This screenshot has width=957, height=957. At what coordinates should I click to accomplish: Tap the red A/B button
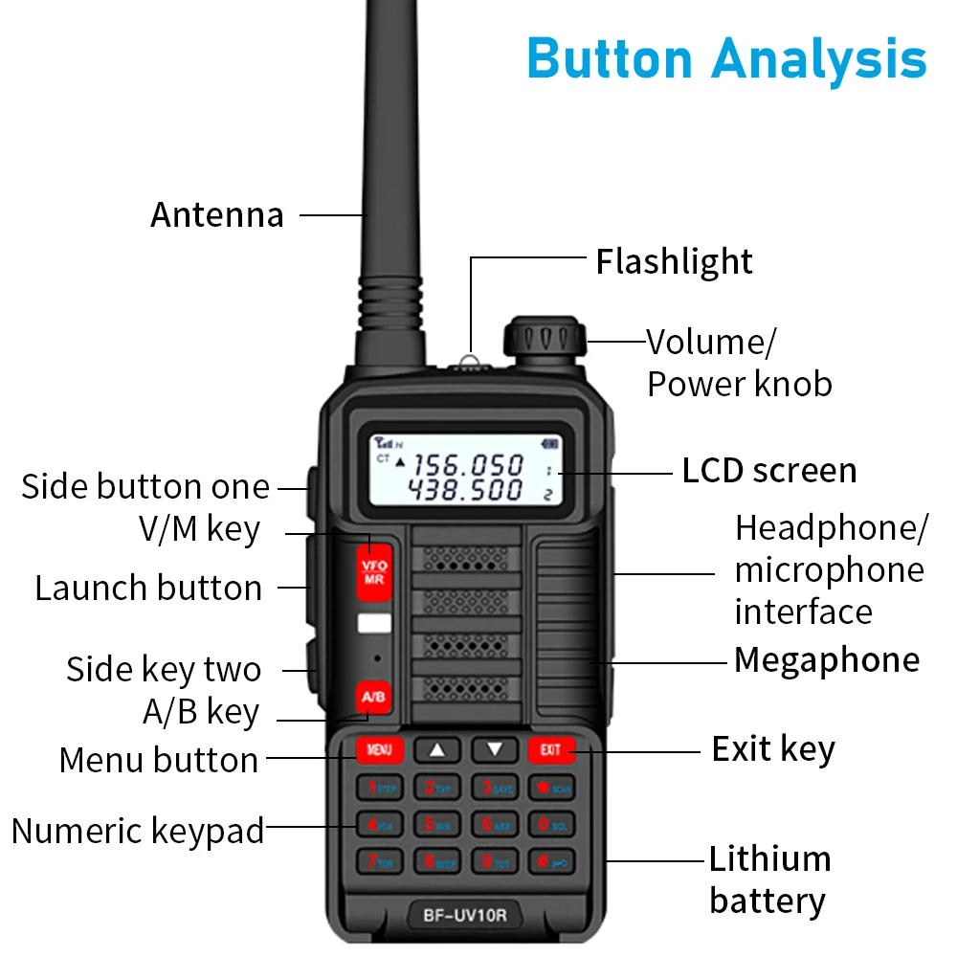[x=373, y=697]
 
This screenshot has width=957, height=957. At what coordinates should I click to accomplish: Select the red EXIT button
[x=550, y=749]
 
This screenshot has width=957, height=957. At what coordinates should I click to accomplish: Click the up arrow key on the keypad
[x=437, y=749]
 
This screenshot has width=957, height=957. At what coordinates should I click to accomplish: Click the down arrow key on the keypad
[x=494, y=749]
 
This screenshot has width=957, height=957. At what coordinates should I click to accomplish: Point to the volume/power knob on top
[x=544, y=341]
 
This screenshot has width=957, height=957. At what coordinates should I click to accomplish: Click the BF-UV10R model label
[x=465, y=916]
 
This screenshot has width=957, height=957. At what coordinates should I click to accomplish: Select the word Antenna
[x=217, y=214]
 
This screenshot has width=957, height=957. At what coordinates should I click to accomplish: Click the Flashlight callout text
[x=674, y=261]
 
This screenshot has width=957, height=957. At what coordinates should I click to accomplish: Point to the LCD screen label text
[x=768, y=471]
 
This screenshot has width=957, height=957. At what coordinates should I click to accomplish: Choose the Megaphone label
[x=826, y=660]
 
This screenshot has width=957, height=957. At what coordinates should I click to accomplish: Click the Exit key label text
[x=773, y=749]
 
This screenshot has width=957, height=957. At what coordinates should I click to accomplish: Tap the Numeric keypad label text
[x=138, y=831]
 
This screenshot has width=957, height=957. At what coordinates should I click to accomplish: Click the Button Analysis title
[x=726, y=57]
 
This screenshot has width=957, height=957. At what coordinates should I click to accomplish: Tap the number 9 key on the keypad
[x=495, y=861]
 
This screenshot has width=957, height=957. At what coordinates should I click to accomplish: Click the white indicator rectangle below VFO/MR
[x=373, y=625]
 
